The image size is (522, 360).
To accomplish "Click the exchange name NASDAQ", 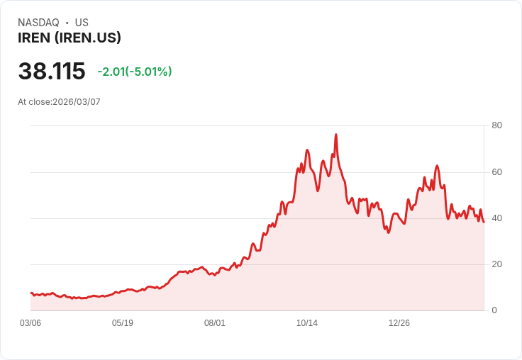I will pyautogui.click(x=38, y=23).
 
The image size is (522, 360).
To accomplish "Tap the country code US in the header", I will pyautogui.click(x=82, y=23).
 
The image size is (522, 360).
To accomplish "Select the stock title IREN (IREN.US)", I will pyautogui.click(x=70, y=38).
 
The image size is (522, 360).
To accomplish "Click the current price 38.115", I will pyautogui.click(x=52, y=71).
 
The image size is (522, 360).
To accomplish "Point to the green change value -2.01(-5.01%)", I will pyautogui.click(x=135, y=72).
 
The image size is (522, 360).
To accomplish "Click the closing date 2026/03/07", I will pyautogui.click(x=77, y=102).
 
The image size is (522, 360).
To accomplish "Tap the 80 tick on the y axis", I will pyautogui.click(x=496, y=125).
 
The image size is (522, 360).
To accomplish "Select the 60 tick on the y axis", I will pyautogui.click(x=496, y=172).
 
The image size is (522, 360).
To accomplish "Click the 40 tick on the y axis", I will pyautogui.click(x=496, y=218).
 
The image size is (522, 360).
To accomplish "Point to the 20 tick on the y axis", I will pyautogui.click(x=496, y=264).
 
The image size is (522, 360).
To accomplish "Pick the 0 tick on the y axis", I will pyautogui.click(x=494, y=310).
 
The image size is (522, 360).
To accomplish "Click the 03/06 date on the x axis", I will pyautogui.click(x=30, y=323).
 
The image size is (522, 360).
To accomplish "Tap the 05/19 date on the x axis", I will pyautogui.click(x=123, y=323).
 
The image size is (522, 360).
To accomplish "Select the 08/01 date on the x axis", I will pyautogui.click(x=215, y=323).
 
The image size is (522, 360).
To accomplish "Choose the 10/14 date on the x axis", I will pyautogui.click(x=307, y=323).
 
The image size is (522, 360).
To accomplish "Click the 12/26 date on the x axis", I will pyautogui.click(x=399, y=323).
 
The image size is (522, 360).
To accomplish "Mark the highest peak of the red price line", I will pyautogui.click(x=336, y=135).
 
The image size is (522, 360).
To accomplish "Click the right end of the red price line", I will pyautogui.click(x=484, y=222).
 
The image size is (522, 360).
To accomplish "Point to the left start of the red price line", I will pyautogui.click(x=31, y=293).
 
